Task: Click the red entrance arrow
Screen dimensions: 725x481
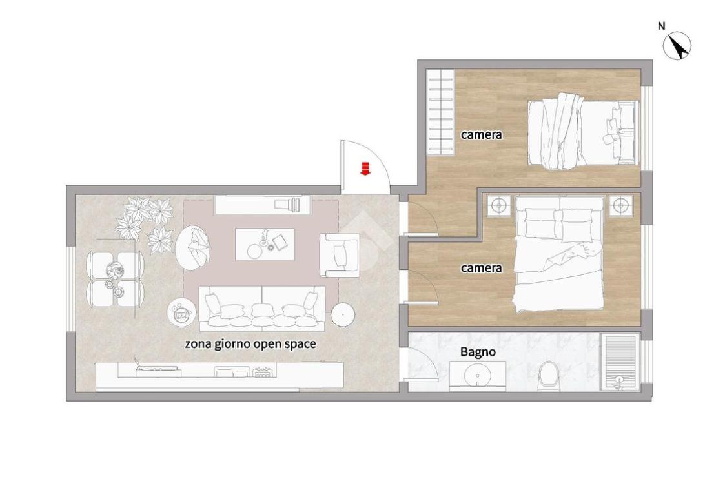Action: pos(365,169)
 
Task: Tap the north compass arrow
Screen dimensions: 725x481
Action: pos(677,46)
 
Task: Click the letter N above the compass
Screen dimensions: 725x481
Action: pos(662,26)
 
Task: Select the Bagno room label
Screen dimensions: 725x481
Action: pos(478,353)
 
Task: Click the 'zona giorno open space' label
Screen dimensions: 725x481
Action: pos(250,345)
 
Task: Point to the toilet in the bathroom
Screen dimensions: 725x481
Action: pos(549,374)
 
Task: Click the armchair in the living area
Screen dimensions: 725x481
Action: pos(340,255)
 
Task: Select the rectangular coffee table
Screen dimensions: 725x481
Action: pos(265,244)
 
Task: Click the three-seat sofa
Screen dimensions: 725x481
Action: pos(262,309)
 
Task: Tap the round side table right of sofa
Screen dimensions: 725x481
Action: pos(343,315)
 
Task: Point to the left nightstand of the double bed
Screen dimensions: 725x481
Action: pos(499,205)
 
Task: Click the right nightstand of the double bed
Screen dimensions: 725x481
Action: pos(620,205)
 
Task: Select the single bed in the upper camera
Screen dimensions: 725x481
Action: pos(583,132)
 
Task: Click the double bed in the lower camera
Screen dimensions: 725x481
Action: pos(560,254)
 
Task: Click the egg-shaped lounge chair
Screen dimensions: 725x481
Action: pos(194,249)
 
